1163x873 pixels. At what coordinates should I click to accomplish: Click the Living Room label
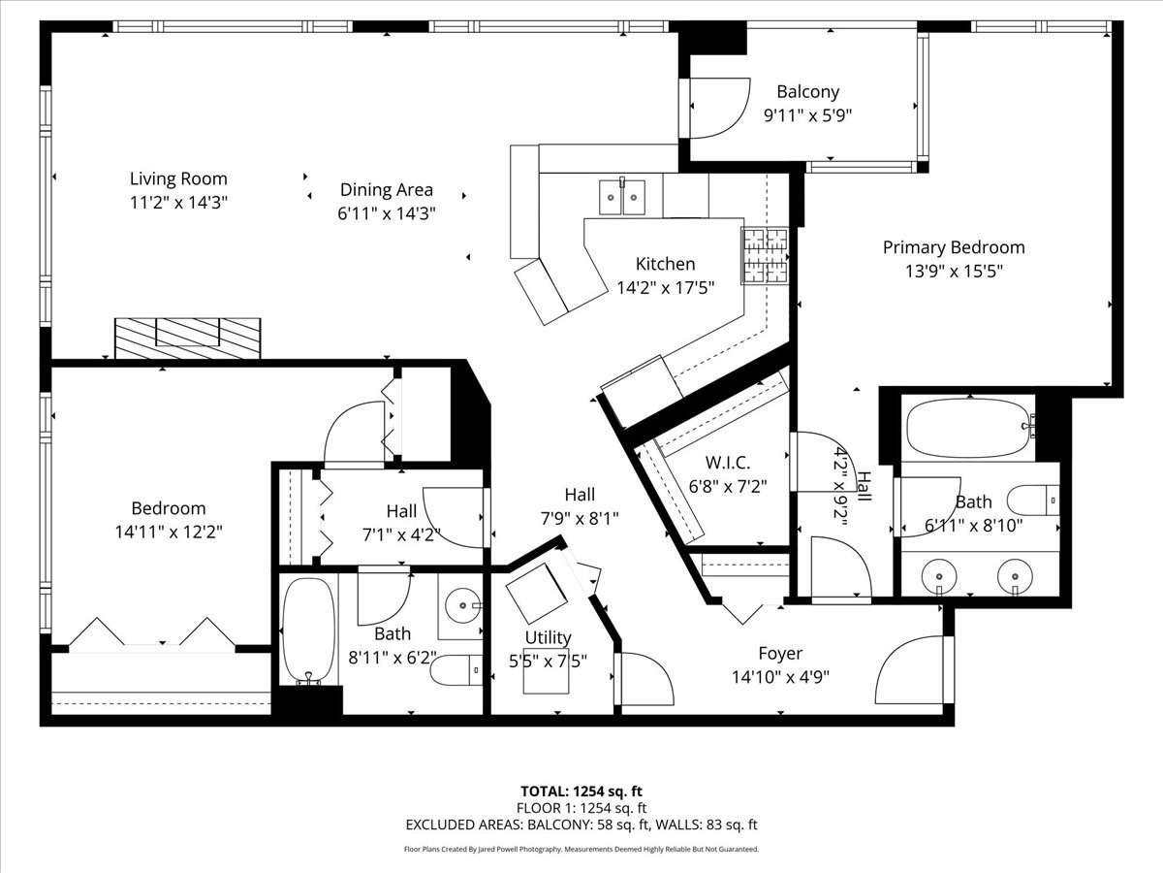(x=178, y=178)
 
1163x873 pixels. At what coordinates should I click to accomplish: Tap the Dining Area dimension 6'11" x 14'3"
(x=387, y=214)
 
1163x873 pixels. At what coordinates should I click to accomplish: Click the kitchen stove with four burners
(x=766, y=256)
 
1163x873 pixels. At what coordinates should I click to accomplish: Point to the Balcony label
(x=807, y=92)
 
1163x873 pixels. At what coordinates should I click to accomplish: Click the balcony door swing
(x=717, y=109)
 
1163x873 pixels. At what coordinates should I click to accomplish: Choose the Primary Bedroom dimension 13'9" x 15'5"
(x=953, y=272)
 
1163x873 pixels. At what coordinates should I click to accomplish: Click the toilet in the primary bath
(x=1031, y=500)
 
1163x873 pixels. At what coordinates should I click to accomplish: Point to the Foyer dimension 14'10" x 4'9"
(x=780, y=677)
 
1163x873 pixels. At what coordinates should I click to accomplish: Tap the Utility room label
(x=549, y=637)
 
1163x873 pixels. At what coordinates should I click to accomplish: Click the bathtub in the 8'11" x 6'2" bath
(x=309, y=630)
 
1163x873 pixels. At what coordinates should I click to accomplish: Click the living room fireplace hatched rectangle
(x=188, y=339)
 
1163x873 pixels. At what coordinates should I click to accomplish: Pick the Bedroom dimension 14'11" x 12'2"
(x=168, y=532)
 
